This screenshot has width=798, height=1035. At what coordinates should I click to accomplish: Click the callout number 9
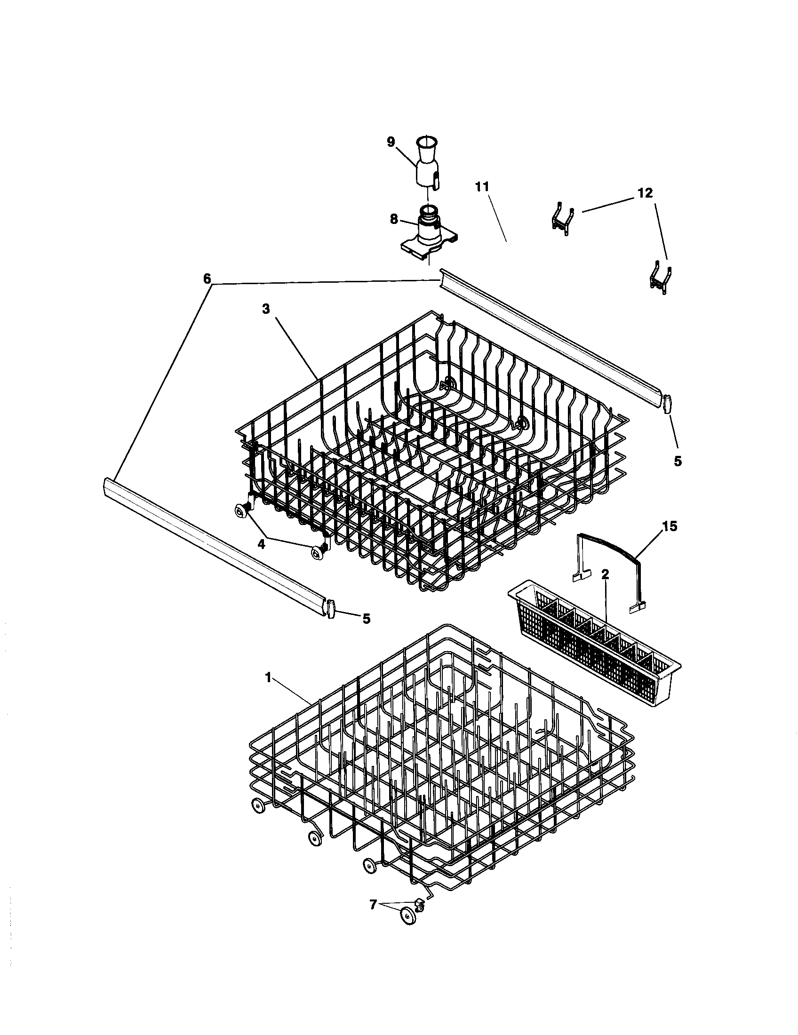tap(391, 142)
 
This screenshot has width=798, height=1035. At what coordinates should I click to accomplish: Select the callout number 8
tap(394, 219)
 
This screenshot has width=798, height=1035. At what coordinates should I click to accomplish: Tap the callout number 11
tap(482, 187)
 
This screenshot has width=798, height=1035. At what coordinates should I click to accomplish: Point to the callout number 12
tap(645, 193)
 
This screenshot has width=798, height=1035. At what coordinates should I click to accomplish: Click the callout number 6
tap(207, 279)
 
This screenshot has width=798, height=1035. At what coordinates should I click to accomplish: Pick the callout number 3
tap(266, 309)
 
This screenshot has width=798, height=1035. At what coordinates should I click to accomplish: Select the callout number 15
tap(670, 526)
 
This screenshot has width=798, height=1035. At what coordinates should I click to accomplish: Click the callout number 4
tap(261, 544)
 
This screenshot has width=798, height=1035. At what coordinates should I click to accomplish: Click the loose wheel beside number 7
tap(407, 916)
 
